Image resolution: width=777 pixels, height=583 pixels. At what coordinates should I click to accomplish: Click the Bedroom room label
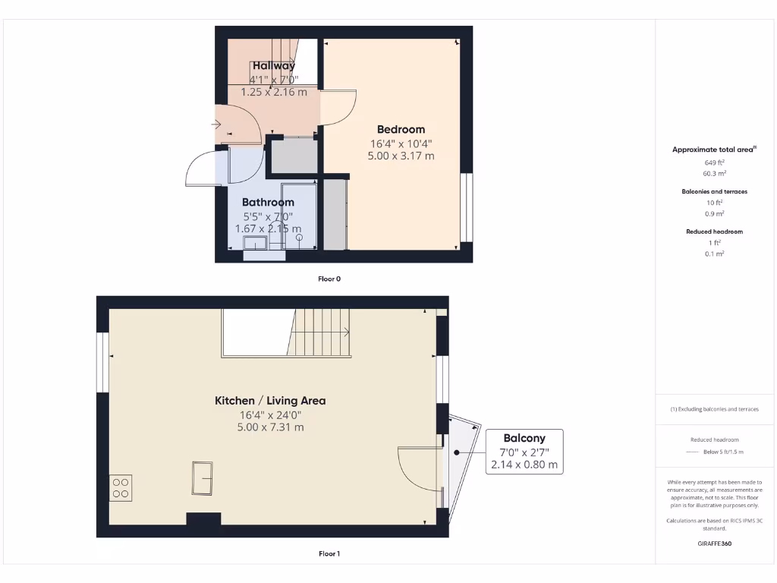[401, 129]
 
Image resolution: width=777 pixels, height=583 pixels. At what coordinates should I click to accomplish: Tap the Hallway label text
[274, 66]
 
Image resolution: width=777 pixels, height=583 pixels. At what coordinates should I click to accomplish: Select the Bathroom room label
[268, 203]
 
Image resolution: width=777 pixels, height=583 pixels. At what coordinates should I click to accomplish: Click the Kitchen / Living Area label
[270, 401]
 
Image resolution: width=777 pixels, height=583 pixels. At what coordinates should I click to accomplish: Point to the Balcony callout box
[524, 452]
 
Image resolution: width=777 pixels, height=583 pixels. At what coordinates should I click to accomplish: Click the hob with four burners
[121, 487]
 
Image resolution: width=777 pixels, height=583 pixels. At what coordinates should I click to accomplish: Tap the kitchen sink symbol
[203, 478]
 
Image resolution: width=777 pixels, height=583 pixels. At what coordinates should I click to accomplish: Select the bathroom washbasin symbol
[255, 242]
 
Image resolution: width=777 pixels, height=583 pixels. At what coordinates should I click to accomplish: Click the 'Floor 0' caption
[329, 279]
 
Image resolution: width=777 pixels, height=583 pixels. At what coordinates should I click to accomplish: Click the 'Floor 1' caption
[329, 554]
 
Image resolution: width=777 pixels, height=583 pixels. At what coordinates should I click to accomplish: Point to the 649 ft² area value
[714, 162]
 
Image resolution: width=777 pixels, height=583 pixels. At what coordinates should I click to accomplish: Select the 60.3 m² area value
[714, 173]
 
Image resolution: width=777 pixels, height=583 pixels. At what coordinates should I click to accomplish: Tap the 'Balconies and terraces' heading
[714, 192]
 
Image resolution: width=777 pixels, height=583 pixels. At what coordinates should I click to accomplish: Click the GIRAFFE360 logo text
[714, 544]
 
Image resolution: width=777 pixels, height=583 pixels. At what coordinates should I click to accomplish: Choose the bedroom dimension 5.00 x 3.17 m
[401, 156]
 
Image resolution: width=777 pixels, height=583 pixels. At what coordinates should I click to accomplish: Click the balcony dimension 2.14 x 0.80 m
[524, 465]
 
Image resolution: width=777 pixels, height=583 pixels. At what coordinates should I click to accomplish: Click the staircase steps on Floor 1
[319, 332]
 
